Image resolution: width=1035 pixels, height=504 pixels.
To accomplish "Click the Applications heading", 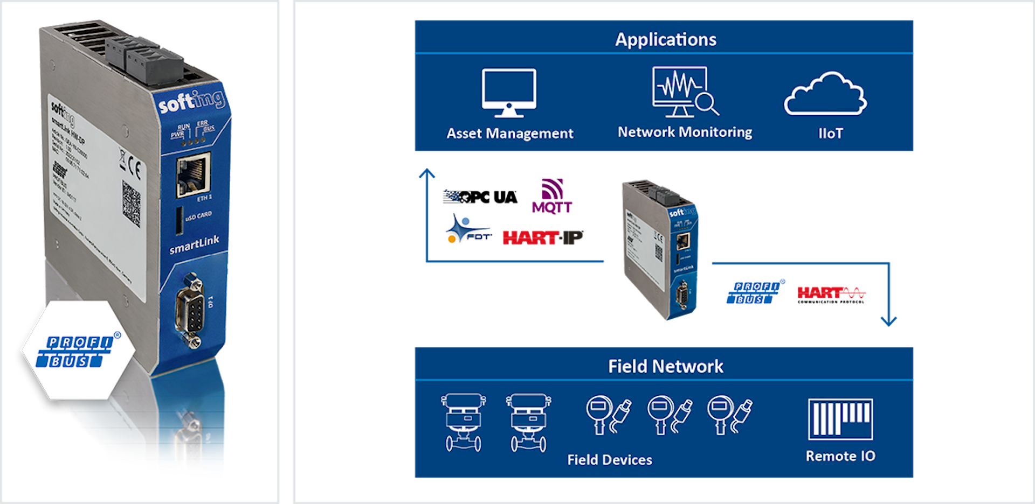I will click(x=666, y=39).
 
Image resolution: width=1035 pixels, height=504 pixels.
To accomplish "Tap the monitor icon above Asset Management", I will click(x=509, y=92).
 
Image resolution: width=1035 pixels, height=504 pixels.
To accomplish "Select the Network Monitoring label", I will click(x=685, y=132).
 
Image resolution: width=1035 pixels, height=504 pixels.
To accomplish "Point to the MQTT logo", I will click(x=553, y=197).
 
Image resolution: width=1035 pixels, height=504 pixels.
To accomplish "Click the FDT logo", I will click(x=466, y=230).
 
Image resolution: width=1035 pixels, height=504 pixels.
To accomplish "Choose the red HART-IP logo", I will click(x=542, y=237).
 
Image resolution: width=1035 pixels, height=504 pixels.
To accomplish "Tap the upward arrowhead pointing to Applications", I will click(x=427, y=173).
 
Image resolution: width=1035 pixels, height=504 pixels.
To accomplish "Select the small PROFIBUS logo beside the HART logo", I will click(x=754, y=293).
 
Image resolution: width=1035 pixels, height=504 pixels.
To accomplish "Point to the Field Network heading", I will click(x=666, y=367).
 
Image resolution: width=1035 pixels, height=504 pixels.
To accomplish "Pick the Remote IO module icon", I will click(x=840, y=419).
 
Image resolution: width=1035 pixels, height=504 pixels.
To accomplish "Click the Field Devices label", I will click(x=610, y=460).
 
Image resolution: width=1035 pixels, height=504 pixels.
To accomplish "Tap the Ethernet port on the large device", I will click(x=193, y=174).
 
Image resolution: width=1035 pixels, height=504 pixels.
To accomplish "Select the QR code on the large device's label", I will click(x=131, y=203).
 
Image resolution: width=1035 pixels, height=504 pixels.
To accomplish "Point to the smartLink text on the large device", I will click(x=194, y=245).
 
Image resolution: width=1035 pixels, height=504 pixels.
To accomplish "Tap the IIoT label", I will click(x=830, y=134).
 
